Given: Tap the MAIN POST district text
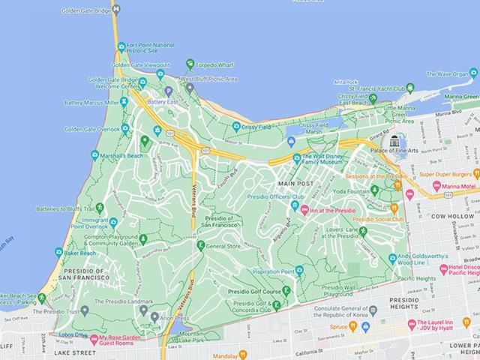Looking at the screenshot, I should pos(294,183).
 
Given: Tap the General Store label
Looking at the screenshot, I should pos(223,245).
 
